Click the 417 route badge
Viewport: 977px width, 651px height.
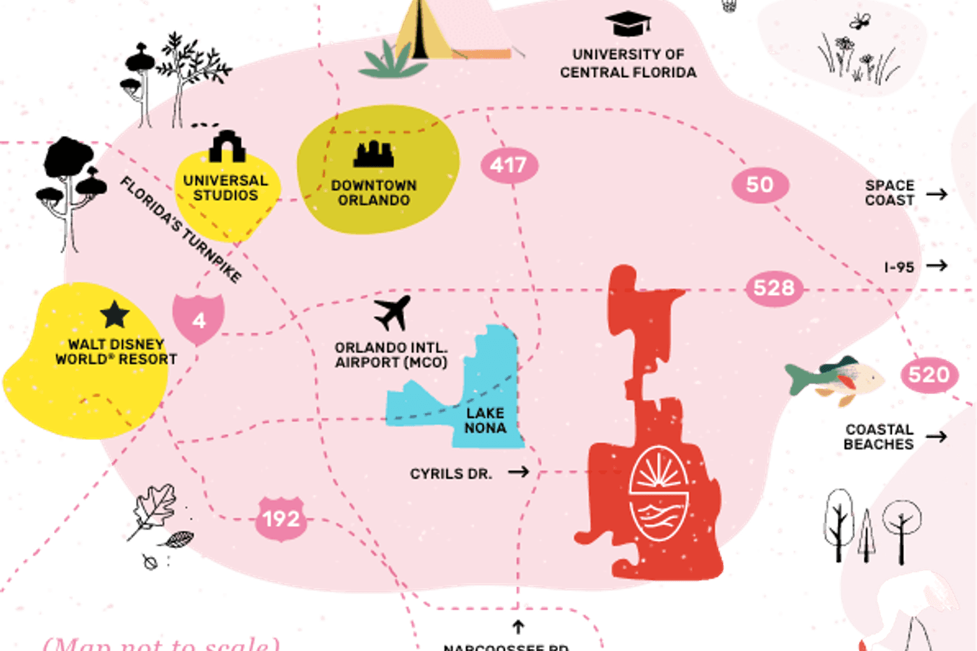(x=509, y=165)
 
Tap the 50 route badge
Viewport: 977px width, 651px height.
(x=759, y=185)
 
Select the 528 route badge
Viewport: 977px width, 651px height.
(x=773, y=288)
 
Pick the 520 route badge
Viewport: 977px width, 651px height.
(x=929, y=374)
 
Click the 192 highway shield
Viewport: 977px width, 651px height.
(x=282, y=519)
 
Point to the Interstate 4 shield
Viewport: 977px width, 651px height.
(x=199, y=319)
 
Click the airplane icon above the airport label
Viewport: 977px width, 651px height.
(x=392, y=312)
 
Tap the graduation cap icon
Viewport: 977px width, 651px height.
(x=628, y=24)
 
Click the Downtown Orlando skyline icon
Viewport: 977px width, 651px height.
(x=374, y=154)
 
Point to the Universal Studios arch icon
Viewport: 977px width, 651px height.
(x=226, y=147)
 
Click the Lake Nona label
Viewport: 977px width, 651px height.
(x=485, y=421)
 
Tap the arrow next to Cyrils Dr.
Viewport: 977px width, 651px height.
(x=518, y=472)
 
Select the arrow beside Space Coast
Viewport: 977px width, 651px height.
(x=936, y=194)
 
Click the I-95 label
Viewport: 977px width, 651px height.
(x=899, y=267)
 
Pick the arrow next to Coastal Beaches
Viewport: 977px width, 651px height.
(x=935, y=436)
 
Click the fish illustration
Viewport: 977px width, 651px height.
(x=835, y=380)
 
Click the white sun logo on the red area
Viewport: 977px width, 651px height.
(x=659, y=492)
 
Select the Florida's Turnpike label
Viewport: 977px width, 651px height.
(x=181, y=230)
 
